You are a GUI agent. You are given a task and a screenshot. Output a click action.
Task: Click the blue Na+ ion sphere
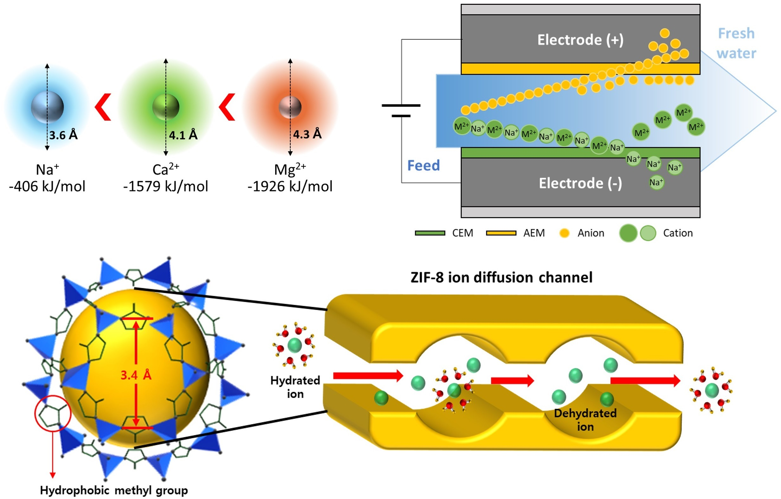point(47,107)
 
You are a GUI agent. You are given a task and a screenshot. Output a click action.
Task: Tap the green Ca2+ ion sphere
point(166,107)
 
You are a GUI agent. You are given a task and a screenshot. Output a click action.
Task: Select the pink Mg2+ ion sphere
point(290,107)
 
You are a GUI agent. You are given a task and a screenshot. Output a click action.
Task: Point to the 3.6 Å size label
point(64,135)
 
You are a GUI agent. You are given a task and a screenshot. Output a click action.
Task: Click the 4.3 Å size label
point(307,134)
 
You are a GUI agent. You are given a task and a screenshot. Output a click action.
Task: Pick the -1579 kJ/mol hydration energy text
point(165,186)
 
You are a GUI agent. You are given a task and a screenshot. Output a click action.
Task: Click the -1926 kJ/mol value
point(290,186)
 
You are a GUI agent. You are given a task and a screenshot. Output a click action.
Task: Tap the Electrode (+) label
point(580,40)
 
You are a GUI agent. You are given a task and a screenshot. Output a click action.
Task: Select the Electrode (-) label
point(580,183)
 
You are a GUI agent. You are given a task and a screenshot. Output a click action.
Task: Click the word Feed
point(423,166)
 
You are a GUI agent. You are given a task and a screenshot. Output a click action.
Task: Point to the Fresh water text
point(736,43)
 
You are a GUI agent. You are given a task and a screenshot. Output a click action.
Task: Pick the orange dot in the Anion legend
point(564,233)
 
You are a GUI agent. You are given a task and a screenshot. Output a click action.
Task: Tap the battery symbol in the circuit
point(401,111)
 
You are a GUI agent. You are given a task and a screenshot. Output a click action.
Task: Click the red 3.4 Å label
point(136,375)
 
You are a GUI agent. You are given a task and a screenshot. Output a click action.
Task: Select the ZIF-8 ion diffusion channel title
point(501,278)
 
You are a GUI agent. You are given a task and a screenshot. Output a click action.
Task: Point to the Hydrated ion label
point(295,387)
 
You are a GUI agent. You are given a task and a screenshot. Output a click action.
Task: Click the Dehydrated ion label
point(585,420)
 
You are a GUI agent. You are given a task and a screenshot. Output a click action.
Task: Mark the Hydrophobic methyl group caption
point(114,490)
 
